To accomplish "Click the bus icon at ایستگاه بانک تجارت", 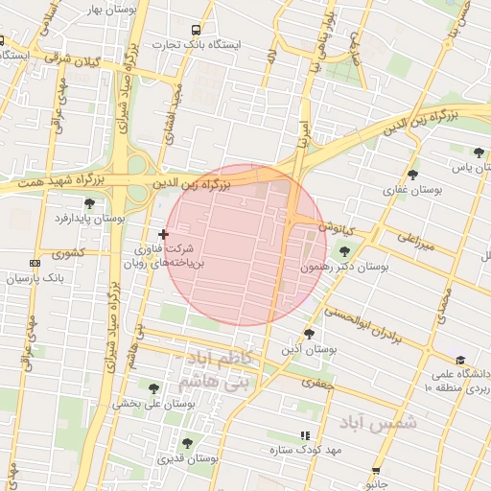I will [197, 30].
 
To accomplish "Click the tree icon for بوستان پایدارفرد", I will [89, 203].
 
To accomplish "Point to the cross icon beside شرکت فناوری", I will [163, 234].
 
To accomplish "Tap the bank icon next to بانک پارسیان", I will [35, 262].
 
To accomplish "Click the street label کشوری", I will [69, 254].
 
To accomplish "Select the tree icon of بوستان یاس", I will [479, 152].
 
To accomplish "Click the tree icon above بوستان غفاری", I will [412, 175].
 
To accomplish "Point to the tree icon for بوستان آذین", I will [309, 334].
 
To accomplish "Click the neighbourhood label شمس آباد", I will [379, 421].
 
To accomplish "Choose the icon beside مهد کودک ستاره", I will [305, 434].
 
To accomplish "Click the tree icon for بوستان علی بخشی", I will [153, 388].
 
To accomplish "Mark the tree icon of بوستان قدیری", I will [187, 443].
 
